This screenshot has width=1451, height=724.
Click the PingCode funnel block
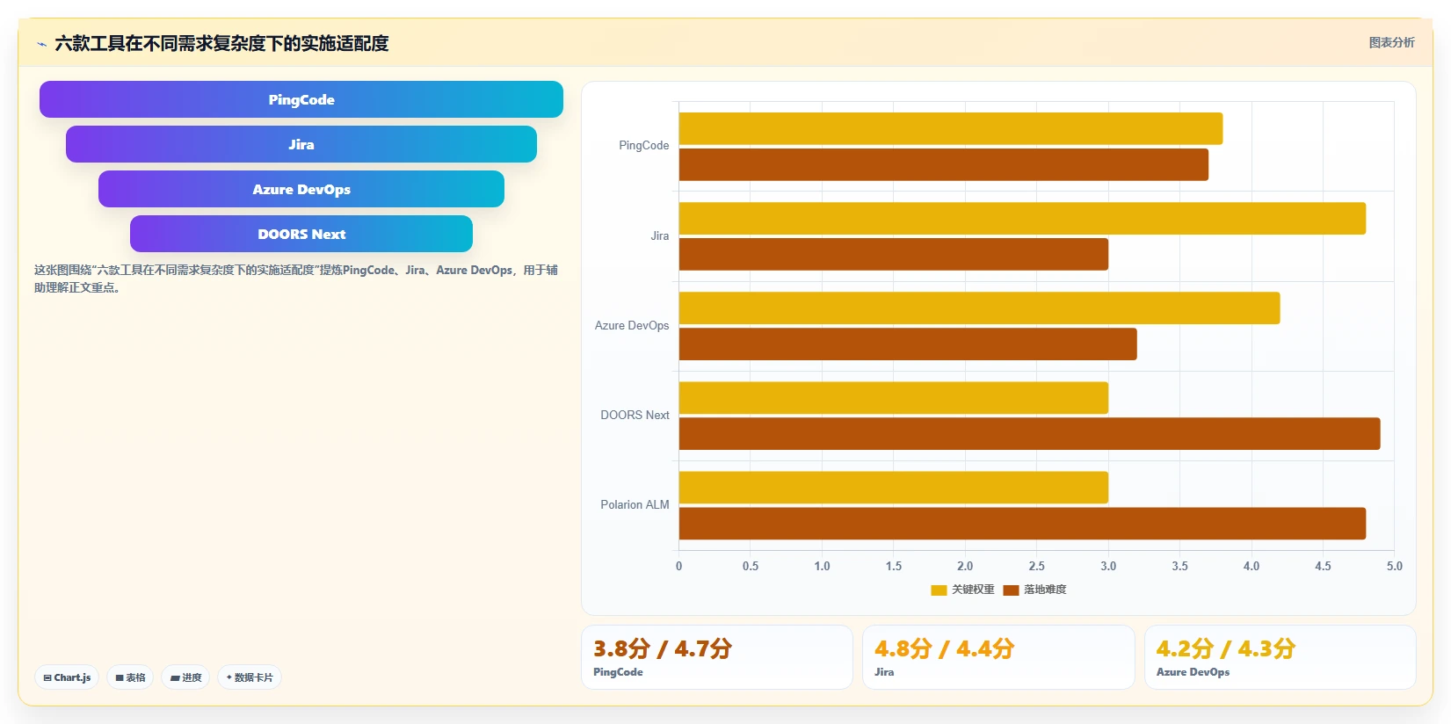pyautogui.click(x=301, y=99)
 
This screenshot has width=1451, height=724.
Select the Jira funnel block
pyautogui.click(x=301, y=144)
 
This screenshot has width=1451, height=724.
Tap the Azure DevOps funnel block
pyautogui.click(x=301, y=189)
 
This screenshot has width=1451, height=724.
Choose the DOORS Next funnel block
pyautogui.click(x=301, y=234)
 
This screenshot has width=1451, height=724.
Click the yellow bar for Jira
pyautogui.click(x=1022, y=218)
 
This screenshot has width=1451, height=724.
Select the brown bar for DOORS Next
pyautogui.click(x=1029, y=433)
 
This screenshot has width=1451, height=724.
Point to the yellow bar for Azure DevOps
pyautogui.click(x=979, y=308)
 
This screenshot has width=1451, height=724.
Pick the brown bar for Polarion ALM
pyautogui.click(x=1022, y=524)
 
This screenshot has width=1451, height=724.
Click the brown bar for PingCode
pyautogui.click(x=944, y=164)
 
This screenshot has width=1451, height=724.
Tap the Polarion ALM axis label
pyautogui.click(x=635, y=504)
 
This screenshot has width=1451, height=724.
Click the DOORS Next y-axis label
pyautogui.click(x=635, y=415)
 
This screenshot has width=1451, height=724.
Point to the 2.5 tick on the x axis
pyautogui.click(x=1036, y=566)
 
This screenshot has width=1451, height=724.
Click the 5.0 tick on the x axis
pyautogui.click(x=1394, y=566)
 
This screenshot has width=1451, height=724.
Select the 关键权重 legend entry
pyautogui.click(x=962, y=590)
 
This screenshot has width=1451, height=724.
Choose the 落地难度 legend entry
pyautogui.click(x=1034, y=590)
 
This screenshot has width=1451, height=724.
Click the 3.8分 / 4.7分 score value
pyautogui.click(x=663, y=648)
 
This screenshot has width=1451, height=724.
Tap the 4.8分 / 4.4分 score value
pyautogui.click(x=944, y=648)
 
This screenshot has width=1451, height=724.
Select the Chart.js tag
pyautogui.click(x=67, y=677)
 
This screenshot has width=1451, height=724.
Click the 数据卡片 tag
pyautogui.click(x=250, y=677)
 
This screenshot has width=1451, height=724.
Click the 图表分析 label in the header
pyautogui.click(x=1391, y=43)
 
